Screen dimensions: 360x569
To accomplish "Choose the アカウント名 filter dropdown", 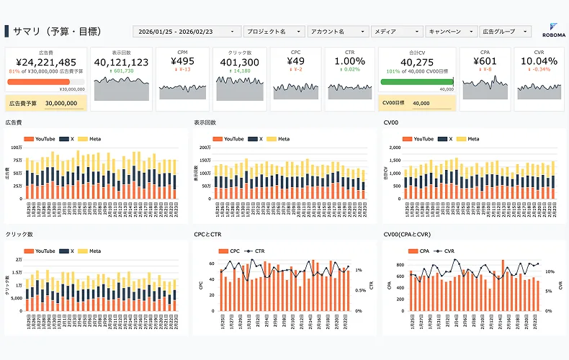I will (337, 32).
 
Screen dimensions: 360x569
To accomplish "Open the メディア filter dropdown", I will (396, 32).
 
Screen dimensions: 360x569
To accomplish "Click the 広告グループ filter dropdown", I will (505, 32).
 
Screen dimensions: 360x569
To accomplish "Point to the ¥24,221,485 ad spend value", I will (46, 63).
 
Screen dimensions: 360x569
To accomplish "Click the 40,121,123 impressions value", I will (121, 63).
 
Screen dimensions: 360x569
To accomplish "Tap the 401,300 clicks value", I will (240, 63).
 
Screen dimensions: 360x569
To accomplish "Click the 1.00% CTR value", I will (349, 61).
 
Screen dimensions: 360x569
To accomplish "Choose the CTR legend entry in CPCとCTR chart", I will (256, 251).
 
